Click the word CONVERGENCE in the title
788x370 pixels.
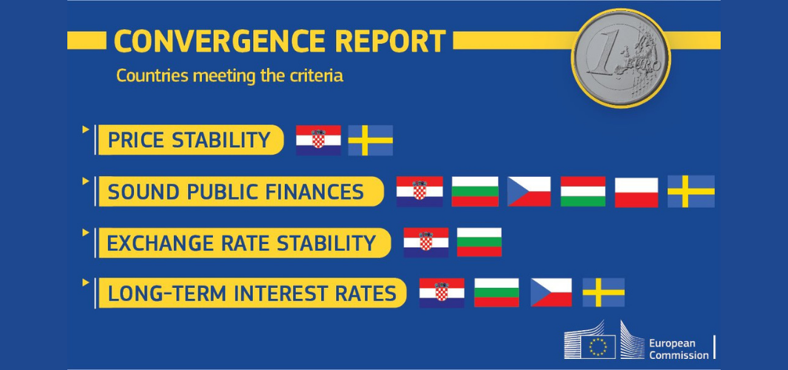(x=220, y=41)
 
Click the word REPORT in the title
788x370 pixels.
(x=390, y=41)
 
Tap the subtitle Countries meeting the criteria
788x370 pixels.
(x=229, y=76)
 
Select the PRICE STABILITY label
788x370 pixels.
(x=189, y=140)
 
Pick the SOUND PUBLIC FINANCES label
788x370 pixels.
(x=240, y=192)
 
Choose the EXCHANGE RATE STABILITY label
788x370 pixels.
(x=243, y=243)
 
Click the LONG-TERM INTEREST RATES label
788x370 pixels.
(x=252, y=293)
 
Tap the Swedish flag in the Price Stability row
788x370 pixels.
(x=371, y=141)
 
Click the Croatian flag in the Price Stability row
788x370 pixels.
(x=318, y=141)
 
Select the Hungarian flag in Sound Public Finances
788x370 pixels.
(x=583, y=192)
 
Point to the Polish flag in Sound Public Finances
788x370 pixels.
(x=636, y=192)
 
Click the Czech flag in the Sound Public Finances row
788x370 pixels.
(x=529, y=192)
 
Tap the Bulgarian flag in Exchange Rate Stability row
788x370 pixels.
(x=479, y=242)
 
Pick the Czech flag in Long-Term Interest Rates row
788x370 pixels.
(x=550, y=292)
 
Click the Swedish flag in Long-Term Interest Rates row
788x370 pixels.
(x=604, y=292)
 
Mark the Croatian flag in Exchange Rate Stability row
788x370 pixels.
(x=425, y=243)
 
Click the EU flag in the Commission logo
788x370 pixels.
(x=598, y=347)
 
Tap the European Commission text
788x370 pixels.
(x=679, y=349)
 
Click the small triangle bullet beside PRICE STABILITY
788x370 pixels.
(x=85, y=129)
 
